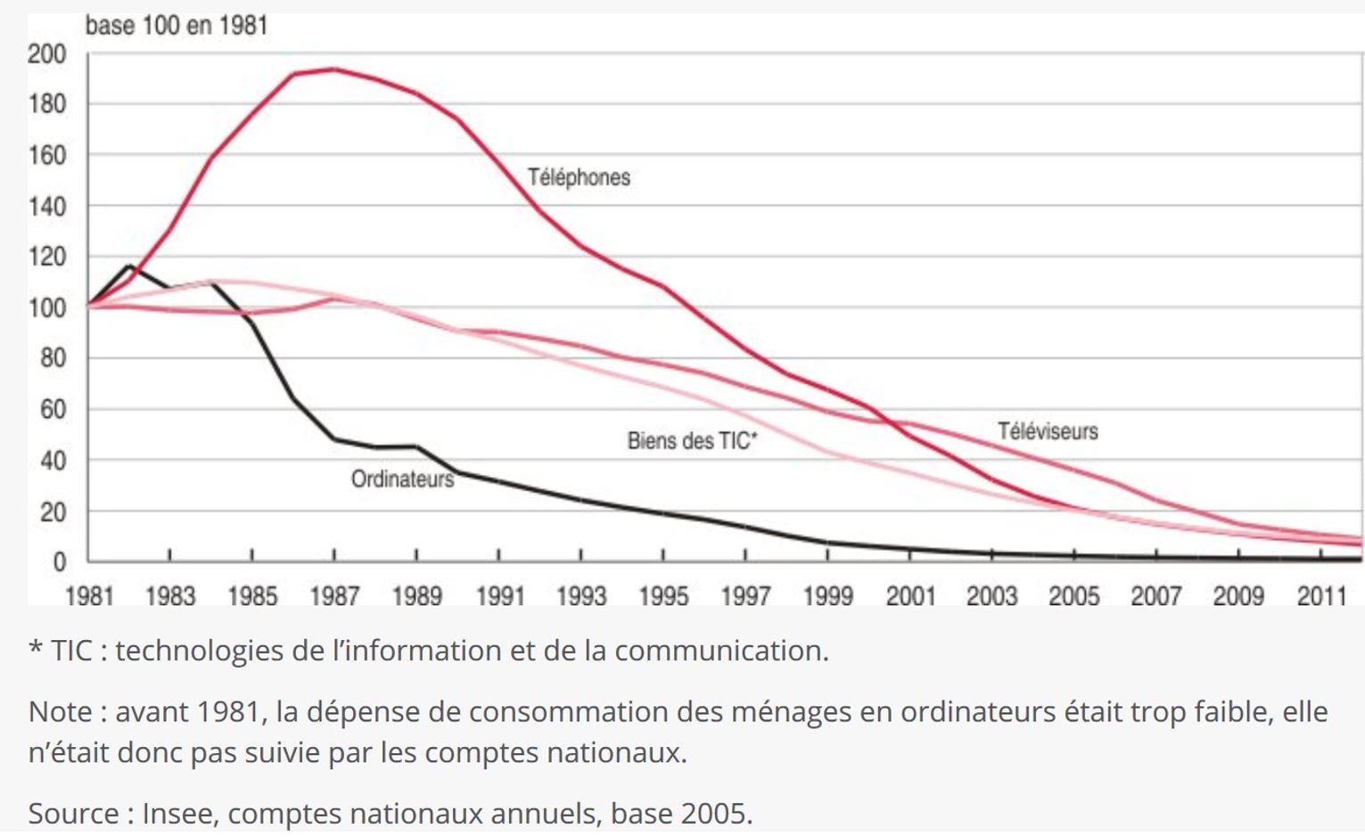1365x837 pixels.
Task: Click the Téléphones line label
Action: tap(579, 177)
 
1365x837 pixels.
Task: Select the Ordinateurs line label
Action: tap(402, 480)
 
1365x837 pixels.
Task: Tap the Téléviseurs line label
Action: tap(1048, 431)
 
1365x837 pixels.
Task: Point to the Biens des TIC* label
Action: tap(692, 440)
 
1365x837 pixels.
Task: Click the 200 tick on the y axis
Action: tap(46, 54)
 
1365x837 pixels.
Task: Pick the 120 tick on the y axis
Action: tap(46, 257)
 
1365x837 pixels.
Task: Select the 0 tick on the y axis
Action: tap(59, 562)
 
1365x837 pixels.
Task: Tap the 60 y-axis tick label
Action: tap(53, 409)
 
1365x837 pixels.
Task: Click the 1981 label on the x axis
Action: tap(89, 595)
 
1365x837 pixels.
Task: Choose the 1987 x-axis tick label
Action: tap(334, 595)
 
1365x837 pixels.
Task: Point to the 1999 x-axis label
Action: tap(827, 595)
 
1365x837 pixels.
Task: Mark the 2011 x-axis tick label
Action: tap(1321, 595)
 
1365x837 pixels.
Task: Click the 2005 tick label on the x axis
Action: tap(1073, 595)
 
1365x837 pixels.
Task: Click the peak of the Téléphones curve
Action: tap(333, 69)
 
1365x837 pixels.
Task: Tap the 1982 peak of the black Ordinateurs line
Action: tap(130, 266)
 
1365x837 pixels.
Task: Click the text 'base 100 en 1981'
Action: tap(177, 25)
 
